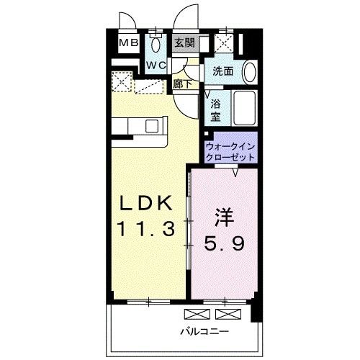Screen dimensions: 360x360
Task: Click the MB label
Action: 129,43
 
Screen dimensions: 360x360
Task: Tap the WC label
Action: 156,65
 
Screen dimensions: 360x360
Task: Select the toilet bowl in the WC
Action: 156,43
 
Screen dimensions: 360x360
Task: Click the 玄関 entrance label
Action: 184,42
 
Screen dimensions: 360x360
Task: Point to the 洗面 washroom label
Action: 223,71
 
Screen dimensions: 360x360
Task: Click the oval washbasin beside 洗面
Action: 250,72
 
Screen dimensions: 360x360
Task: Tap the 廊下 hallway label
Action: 182,84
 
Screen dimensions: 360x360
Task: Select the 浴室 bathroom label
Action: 215,111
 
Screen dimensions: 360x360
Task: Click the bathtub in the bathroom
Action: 244,108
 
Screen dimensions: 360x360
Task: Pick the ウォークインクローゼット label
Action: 230,152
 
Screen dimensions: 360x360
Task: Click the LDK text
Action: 146,203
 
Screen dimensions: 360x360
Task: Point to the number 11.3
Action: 145,228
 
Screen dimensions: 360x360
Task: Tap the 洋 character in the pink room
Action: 225,217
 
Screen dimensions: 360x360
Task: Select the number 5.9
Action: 225,243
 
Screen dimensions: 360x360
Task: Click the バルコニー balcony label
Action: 204,332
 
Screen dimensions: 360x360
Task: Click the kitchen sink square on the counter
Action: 152,126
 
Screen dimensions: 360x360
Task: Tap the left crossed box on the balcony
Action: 197,314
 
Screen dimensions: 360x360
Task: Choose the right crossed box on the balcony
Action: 228,314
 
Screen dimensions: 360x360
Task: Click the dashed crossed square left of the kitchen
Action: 122,81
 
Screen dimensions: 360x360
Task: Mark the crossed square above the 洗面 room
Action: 224,43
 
